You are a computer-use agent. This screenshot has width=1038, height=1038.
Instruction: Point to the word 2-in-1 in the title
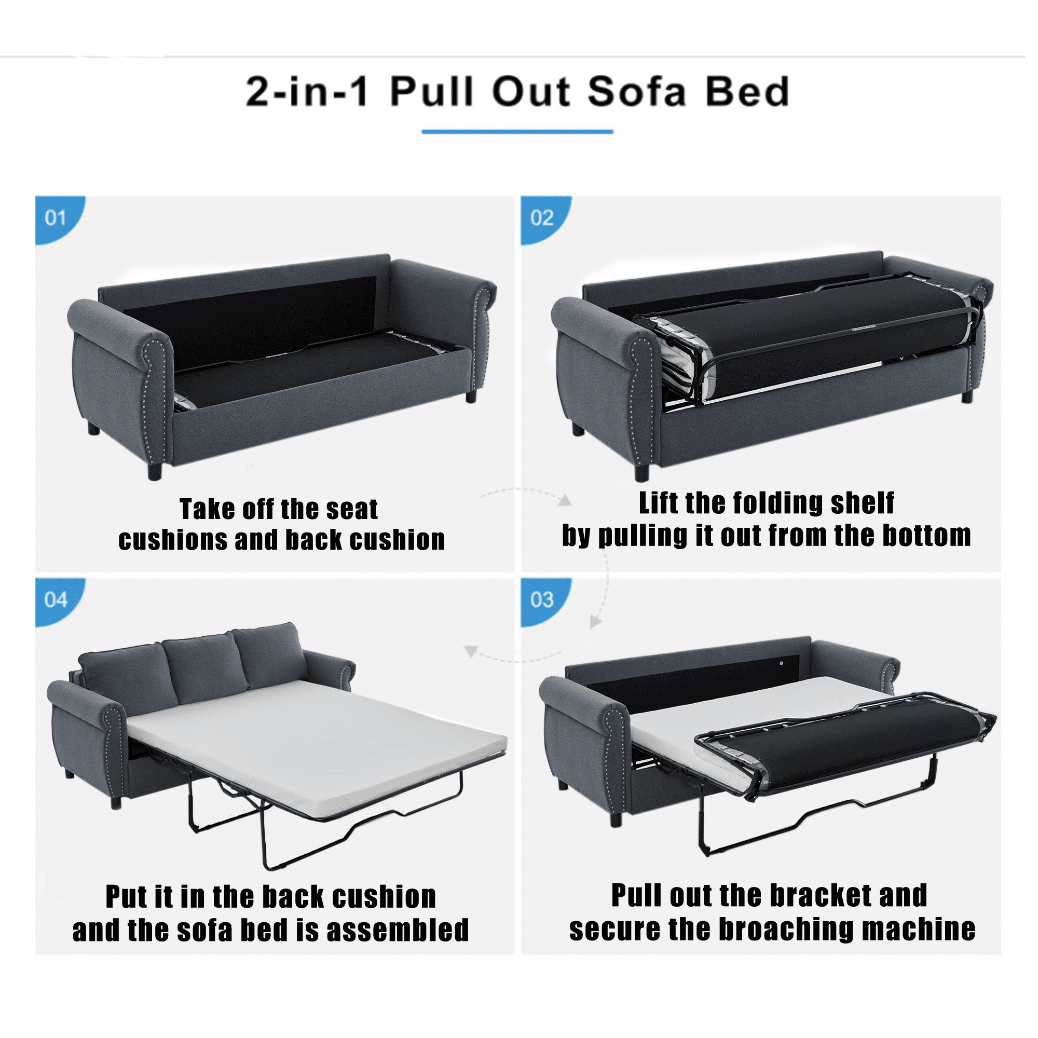point(308,92)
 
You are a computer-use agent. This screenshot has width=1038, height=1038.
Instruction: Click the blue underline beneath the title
point(517,132)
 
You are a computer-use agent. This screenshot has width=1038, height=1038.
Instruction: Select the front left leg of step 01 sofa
point(155,472)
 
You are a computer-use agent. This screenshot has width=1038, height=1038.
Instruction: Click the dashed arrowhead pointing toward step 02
point(565,501)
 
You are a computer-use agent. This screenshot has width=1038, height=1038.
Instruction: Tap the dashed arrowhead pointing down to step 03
point(595,622)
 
